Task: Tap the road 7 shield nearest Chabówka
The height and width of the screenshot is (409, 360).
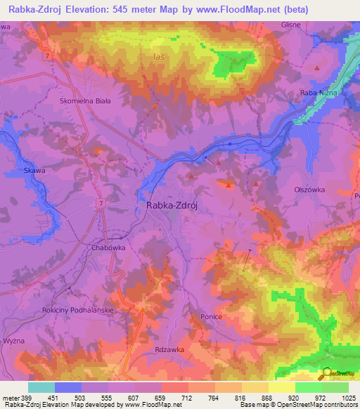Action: tap(101, 202)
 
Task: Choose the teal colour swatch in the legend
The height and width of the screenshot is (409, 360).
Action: tap(41, 387)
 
